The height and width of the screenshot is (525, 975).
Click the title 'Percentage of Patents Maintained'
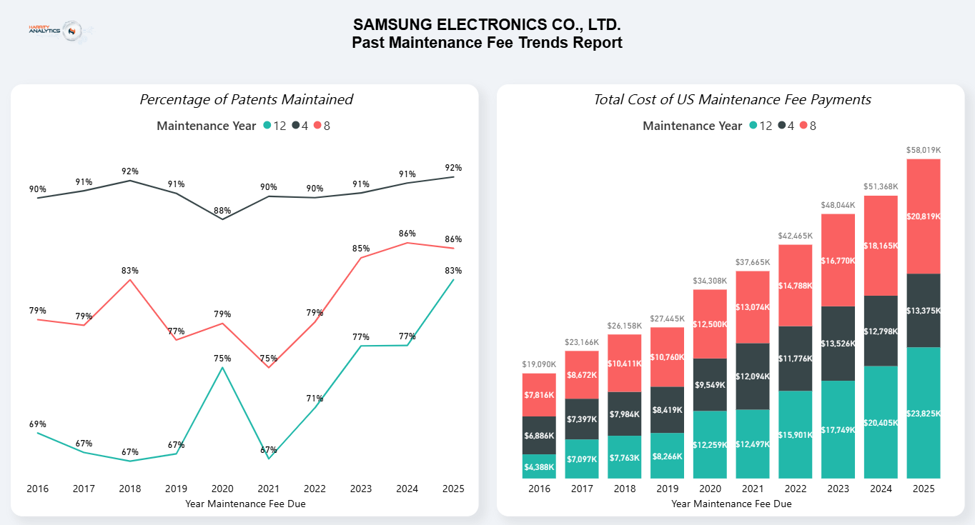[x=246, y=99]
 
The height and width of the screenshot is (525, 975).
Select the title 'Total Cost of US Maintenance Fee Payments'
[x=732, y=99]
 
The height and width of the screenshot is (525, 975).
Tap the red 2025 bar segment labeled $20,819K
[x=923, y=216]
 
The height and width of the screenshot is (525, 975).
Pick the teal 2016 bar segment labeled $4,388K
[x=539, y=466]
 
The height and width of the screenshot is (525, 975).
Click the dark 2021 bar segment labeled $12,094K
[x=753, y=376]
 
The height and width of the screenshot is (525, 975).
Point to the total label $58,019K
[x=923, y=150]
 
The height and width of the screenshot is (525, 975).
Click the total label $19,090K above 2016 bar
[x=539, y=364]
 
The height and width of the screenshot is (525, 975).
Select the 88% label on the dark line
[x=222, y=211]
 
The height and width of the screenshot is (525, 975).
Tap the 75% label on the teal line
[x=222, y=359]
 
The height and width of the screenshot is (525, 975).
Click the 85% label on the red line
[x=361, y=249]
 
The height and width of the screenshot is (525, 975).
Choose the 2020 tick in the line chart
[x=222, y=489]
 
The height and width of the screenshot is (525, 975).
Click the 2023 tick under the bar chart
[x=838, y=489]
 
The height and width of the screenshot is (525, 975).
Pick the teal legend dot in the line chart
[x=267, y=126]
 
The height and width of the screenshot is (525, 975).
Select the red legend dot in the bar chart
[x=803, y=126]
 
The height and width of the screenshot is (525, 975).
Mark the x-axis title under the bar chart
[x=731, y=504]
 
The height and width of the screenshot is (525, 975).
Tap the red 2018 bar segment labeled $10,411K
[x=625, y=364]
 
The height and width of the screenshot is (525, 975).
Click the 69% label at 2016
[x=38, y=424]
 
